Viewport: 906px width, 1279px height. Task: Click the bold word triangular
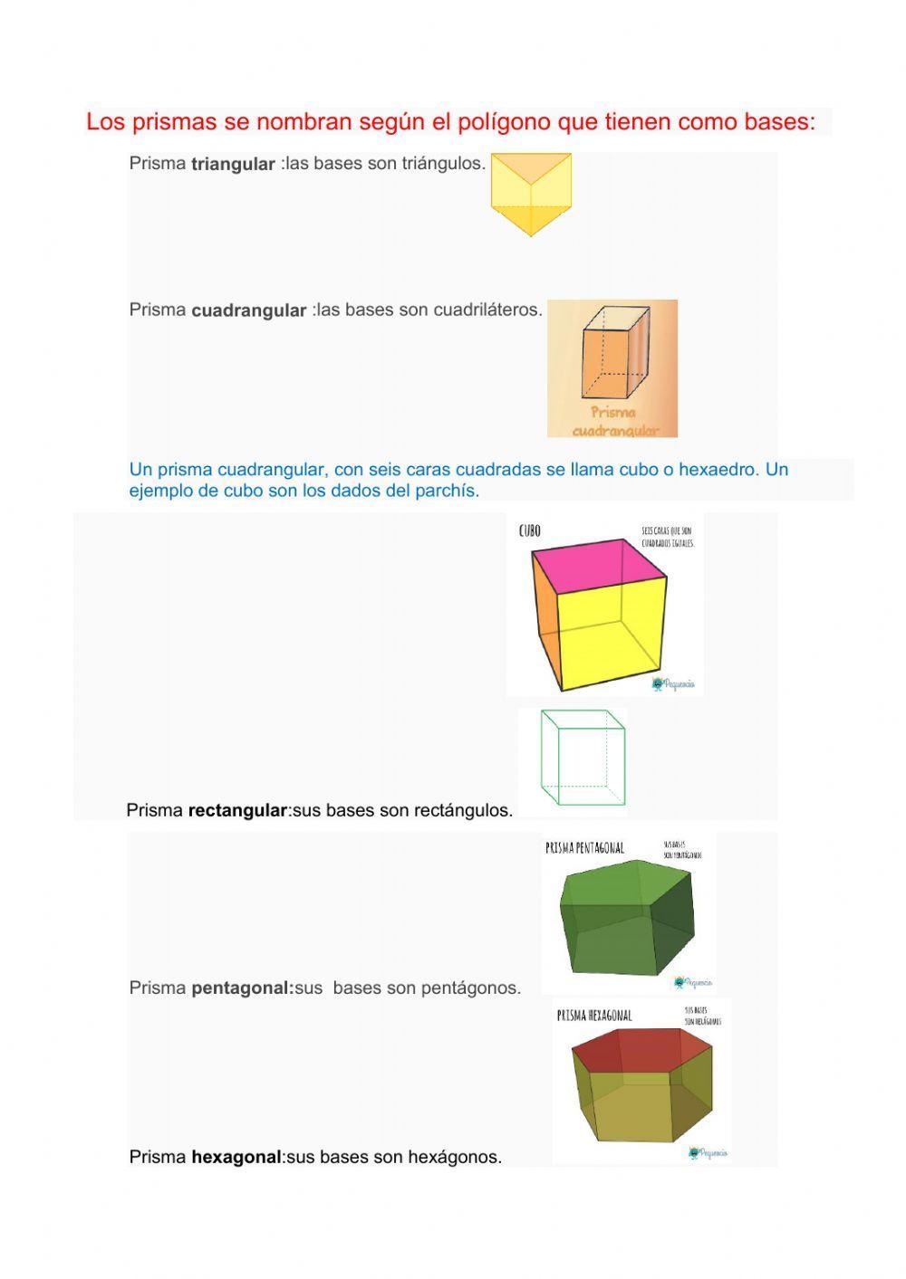tap(233, 165)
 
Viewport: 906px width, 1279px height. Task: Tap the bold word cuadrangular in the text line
tap(249, 310)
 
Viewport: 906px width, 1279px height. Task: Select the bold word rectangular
tap(237, 811)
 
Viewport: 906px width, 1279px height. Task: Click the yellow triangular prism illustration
tap(531, 193)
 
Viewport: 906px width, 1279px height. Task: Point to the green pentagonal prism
tap(629, 915)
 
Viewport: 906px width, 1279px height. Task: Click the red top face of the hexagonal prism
tap(639, 1051)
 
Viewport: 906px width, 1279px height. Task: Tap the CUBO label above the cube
tap(530, 531)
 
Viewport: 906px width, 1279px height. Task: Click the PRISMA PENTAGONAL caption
tap(584, 848)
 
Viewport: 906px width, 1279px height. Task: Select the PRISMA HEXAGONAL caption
tap(594, 1017)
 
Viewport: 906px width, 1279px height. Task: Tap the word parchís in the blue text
tap(447, 492)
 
